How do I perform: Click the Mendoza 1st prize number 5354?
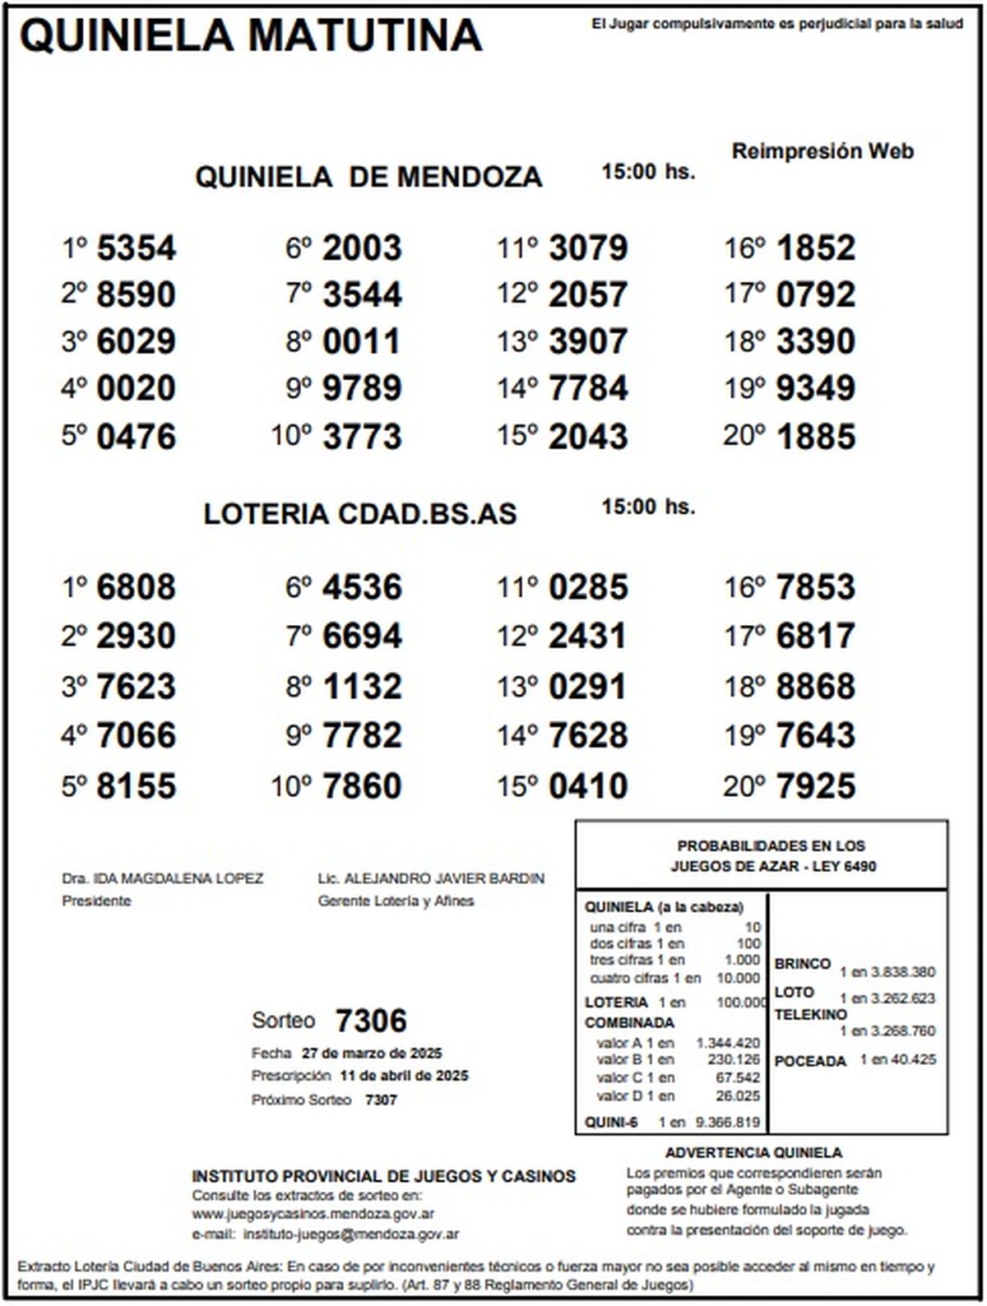[136, 248]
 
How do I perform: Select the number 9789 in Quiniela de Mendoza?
[362, 388]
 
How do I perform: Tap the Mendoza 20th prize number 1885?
[816, 437]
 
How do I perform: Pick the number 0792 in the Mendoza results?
[816, 294]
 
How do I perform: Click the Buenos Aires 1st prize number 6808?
[136, 587]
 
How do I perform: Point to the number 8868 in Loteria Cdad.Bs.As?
[816, 687]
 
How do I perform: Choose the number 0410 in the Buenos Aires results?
[588, 785]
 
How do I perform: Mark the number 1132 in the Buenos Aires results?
[362, 687]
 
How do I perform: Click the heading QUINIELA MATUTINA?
[250, 36]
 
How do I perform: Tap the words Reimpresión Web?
[822, 151]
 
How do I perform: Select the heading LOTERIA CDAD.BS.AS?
[360, 514]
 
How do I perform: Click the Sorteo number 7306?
[371, 1021]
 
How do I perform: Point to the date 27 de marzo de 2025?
[372, 1054]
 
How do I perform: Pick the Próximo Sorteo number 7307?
[381, 1100]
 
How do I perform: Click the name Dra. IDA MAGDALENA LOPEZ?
[163, 878]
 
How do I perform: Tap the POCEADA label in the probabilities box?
[810, 1061]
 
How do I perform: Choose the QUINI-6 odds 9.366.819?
[727, 1122]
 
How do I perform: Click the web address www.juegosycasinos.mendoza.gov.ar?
[313, 1214]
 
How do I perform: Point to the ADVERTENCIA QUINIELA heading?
[753, 1153]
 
